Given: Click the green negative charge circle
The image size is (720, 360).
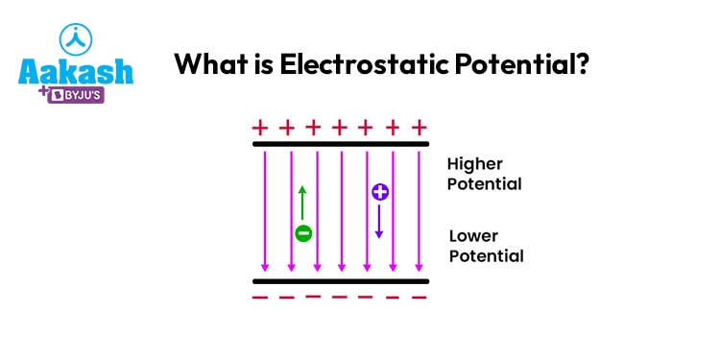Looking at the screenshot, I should click(303, 232).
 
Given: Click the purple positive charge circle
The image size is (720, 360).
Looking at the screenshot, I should click(379, 192).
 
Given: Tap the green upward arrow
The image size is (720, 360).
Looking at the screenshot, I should click(303, 204).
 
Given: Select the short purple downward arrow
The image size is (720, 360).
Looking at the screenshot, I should click(379, 223).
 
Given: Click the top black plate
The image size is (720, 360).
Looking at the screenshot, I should click(340, 145).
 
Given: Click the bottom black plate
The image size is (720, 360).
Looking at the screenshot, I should click(340, 281).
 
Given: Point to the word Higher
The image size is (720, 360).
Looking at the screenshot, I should click(474, 164).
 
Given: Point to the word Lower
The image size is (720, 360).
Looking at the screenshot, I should click(475, 236).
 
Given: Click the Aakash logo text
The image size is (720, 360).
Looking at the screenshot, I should click(77, 73).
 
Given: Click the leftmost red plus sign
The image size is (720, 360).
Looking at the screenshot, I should click(258, 127).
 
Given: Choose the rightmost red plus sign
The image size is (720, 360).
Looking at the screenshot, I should click(419, 127).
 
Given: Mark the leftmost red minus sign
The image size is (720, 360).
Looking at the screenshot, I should click(258, 297).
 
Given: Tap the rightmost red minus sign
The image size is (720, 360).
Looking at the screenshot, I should click(419, 298).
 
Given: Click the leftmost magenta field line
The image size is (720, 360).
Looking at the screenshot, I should click(265, 211).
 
